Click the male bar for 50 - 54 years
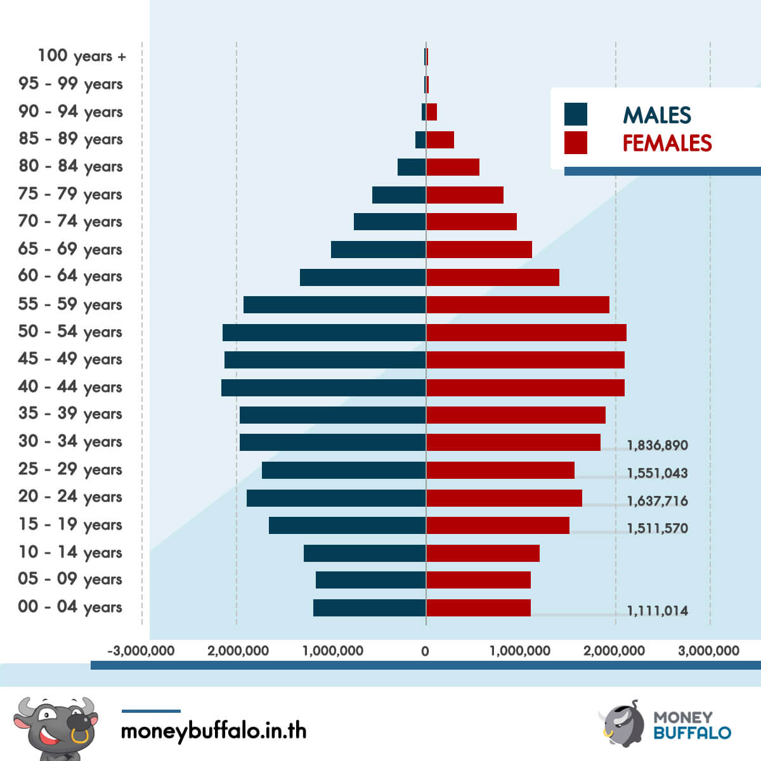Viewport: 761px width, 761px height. pyautogui.click(x=324, y=332)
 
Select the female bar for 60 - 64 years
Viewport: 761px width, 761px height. pyautogui.click(x=493, y=277)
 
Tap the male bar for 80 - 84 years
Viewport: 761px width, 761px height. pyautogui.click(x=412, y=167)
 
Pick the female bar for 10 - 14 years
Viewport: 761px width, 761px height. pyautogui.click(x=483, y=553)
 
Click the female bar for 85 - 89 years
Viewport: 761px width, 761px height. pyautogui.click(x=440, y=140)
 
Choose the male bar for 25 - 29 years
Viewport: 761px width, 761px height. pyautogui.click(x=344, y=470)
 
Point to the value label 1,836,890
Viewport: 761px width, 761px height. pyautogui.click(x=658, y=445)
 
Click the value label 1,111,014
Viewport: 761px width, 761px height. pyautogui.click(x=658, y=611)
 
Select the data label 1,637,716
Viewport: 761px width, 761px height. pyautogui.click(x=658, y=501)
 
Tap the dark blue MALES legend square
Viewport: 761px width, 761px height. pyautogui.click(x=576, y=114)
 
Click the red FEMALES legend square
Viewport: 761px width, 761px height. pyautogui.click(x=576, y=143)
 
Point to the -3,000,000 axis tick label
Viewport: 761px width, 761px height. pyautogui.click(x=141, y=651)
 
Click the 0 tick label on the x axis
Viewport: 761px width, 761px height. pyautogui.click(x=425, y=651)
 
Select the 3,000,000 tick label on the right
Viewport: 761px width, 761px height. pyautogui.click(x=708, y=651)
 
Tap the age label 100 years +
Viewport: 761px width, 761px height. pyautogui.click(x=82, y=56)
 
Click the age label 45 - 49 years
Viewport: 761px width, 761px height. pyautogui.click(x=70, y=360)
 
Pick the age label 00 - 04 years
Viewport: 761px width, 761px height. pyautogui.click(x=70, y=607)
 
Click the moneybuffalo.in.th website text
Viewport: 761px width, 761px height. pyautogui.click(x=214, y=731)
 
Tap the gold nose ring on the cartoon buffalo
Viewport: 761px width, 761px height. pyautogui.click(x=80, y=736)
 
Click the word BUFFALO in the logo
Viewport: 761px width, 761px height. pyautogui.click(x=693, y=733)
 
